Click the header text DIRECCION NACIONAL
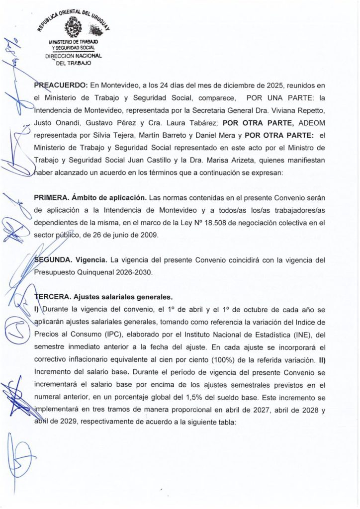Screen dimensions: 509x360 (x=73, y=56)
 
